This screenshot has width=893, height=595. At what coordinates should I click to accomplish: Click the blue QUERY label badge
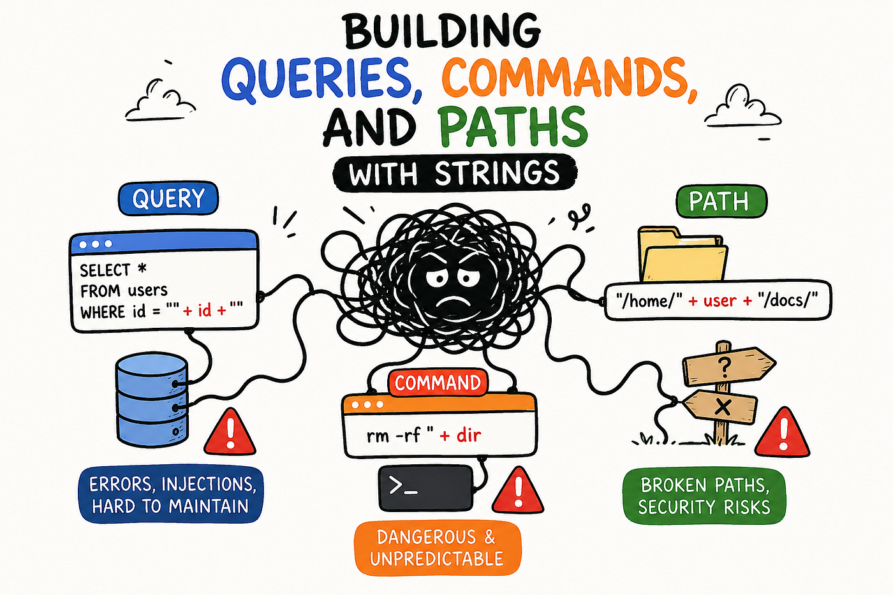(168, 198)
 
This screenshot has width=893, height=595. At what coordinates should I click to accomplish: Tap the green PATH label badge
(721, 201)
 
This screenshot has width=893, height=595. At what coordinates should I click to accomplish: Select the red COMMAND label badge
(438, 383)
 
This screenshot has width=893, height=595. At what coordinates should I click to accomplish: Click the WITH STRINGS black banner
(455, 173)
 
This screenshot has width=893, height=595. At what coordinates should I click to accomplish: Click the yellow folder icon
(683, 254)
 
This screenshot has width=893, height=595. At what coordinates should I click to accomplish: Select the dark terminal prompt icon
(425, 488)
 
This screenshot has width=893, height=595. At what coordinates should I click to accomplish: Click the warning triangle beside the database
(230, 433)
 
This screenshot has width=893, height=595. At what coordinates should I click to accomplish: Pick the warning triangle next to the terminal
(518, 491)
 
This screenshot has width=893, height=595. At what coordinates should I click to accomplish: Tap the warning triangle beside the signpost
(782, 433)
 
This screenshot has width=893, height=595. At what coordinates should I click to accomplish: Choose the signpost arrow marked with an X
(721, 406)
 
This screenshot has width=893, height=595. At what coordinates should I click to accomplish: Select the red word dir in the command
(469, 435)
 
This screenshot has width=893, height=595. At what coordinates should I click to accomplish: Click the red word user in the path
(720, 300)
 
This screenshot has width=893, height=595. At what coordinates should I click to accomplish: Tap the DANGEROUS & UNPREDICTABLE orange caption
(438, 548)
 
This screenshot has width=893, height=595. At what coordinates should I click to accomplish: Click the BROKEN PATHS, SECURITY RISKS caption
(704, 496)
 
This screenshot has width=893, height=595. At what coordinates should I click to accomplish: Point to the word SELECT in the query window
(105, 270)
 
